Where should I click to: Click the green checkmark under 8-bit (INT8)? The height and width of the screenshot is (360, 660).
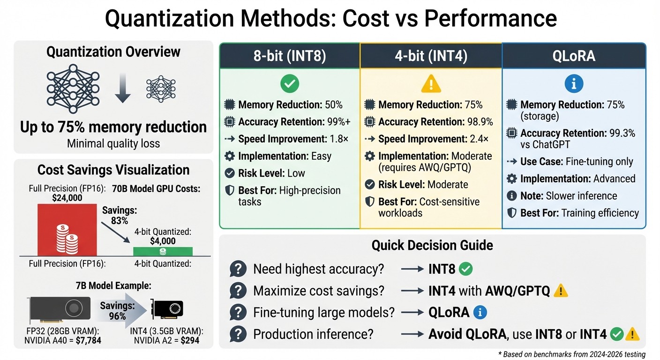coord(290,84)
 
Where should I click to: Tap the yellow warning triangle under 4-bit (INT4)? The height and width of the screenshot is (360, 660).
coord(431,84)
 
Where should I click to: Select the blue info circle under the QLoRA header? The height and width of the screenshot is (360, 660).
coord(574,84)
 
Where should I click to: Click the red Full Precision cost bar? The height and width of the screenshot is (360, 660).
coord(67,229)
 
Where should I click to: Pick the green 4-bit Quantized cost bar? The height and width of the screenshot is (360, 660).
coord(163,251)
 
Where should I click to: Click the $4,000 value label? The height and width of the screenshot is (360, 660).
coord(163,241)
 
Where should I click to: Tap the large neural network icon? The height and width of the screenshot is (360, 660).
coord(73,89)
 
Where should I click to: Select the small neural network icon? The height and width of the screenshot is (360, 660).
coord(161,89)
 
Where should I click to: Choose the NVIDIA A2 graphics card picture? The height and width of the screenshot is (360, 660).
coord(167,309)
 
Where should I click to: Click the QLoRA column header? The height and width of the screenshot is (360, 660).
coord(574,56)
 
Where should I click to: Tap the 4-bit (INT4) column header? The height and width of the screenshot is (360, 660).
coord(431,56)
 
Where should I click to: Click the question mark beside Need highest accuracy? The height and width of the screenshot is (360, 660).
coord(238,269)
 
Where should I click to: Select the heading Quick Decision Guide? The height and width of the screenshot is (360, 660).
coord(432,245)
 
